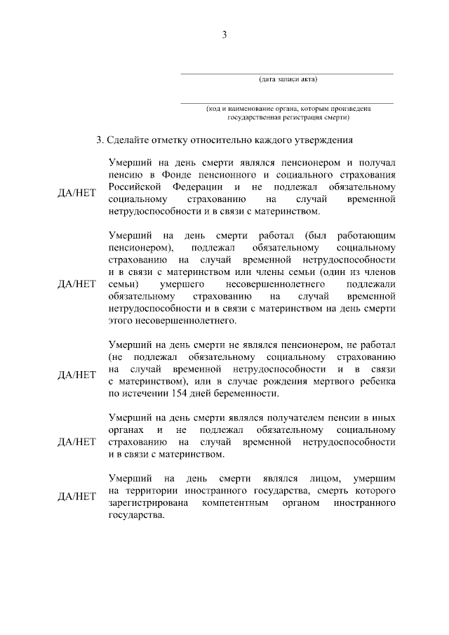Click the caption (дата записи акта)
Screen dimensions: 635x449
pyautogui.click(x=288, y=79)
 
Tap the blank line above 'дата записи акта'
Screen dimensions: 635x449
pyautogui.click(x=288, y=73)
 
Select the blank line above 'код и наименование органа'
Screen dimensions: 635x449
pyautogui.click(x=288, y=103)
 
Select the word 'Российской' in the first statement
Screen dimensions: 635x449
pyautogui.click(x=135, y=187)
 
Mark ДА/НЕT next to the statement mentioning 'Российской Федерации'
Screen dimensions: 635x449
pyautogui.click(x=76, y=193)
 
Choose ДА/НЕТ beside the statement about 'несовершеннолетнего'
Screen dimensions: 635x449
pyautogui.click(x=76, y=284)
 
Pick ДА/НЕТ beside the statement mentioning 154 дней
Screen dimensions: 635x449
pyautogui.click(x=76, y=375)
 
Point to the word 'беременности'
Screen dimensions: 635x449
pyautogui.click(x=259, y=394)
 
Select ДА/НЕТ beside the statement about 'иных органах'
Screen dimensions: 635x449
pyautogui.click(x=76, y=442)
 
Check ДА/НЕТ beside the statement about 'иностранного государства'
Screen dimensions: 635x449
pyautogui.click(x=76, y=497)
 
